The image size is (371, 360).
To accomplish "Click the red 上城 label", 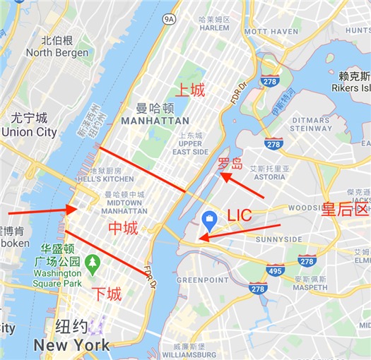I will point(189,90).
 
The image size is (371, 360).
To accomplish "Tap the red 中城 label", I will point(122,228).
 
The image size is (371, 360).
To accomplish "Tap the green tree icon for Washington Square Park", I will point(92,263).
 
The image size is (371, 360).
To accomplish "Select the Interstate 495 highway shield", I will point(276,270).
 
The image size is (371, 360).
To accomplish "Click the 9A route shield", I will point(167,20).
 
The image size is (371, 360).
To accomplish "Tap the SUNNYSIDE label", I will point(278,240).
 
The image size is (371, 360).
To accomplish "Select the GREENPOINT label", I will point(203,280).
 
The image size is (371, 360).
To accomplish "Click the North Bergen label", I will point(59,52).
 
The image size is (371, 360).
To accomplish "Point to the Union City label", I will point(29,132).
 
